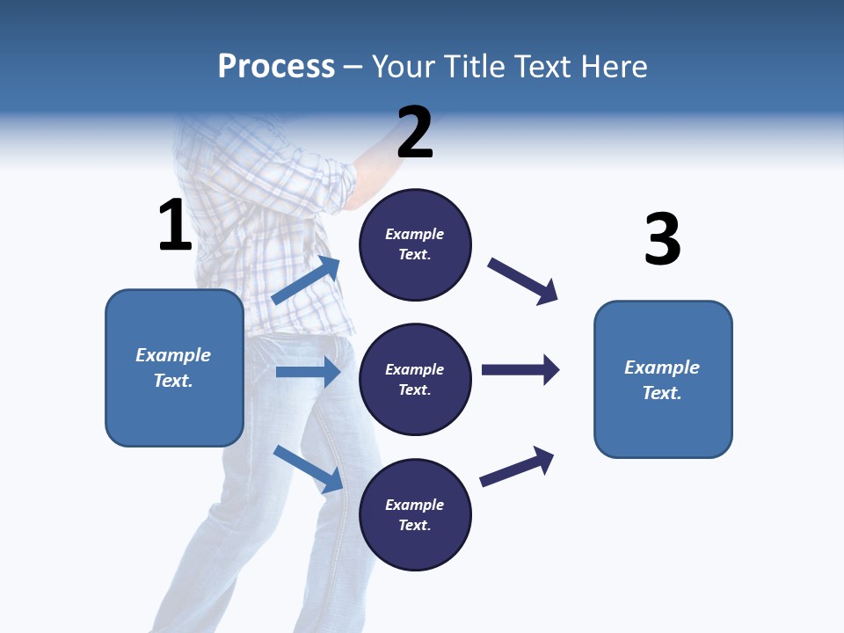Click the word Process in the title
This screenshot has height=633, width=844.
point(276,66)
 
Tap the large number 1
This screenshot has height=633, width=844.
point(175,226)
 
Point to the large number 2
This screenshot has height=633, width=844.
point(415,133)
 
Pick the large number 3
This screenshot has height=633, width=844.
point(663,239)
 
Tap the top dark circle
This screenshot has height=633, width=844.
point(415,244)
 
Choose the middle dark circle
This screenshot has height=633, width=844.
point(415,379)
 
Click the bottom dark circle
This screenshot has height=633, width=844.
point(415,514)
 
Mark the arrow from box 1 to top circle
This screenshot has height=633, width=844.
point(306,280)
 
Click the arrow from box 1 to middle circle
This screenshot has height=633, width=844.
point(308,372)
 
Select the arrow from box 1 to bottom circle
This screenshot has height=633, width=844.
point(308,468)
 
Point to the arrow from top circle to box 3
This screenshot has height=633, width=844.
point(523,280)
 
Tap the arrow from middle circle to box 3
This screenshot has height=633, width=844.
point(520,369)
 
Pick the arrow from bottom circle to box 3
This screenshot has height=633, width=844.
point(517,466)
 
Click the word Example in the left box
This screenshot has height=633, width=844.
point(173,355)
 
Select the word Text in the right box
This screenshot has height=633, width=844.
point(662,393)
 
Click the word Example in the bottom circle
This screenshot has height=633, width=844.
point(415,505)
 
